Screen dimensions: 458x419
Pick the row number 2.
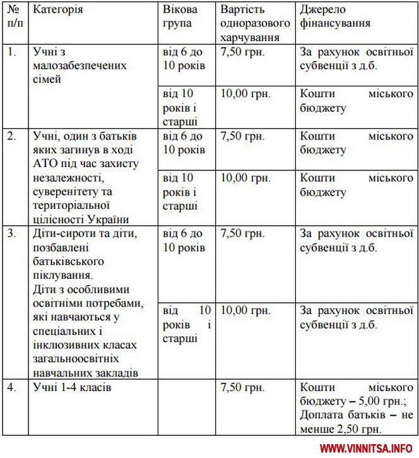pyautogui.click(x=11, y=136)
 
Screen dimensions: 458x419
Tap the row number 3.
pyautogui.click(x=11, y=234)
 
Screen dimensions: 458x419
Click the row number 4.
pyautogui.click(x=11, y=387)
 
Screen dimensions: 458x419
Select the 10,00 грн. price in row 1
pyautogui.click(x=245, y=94)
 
